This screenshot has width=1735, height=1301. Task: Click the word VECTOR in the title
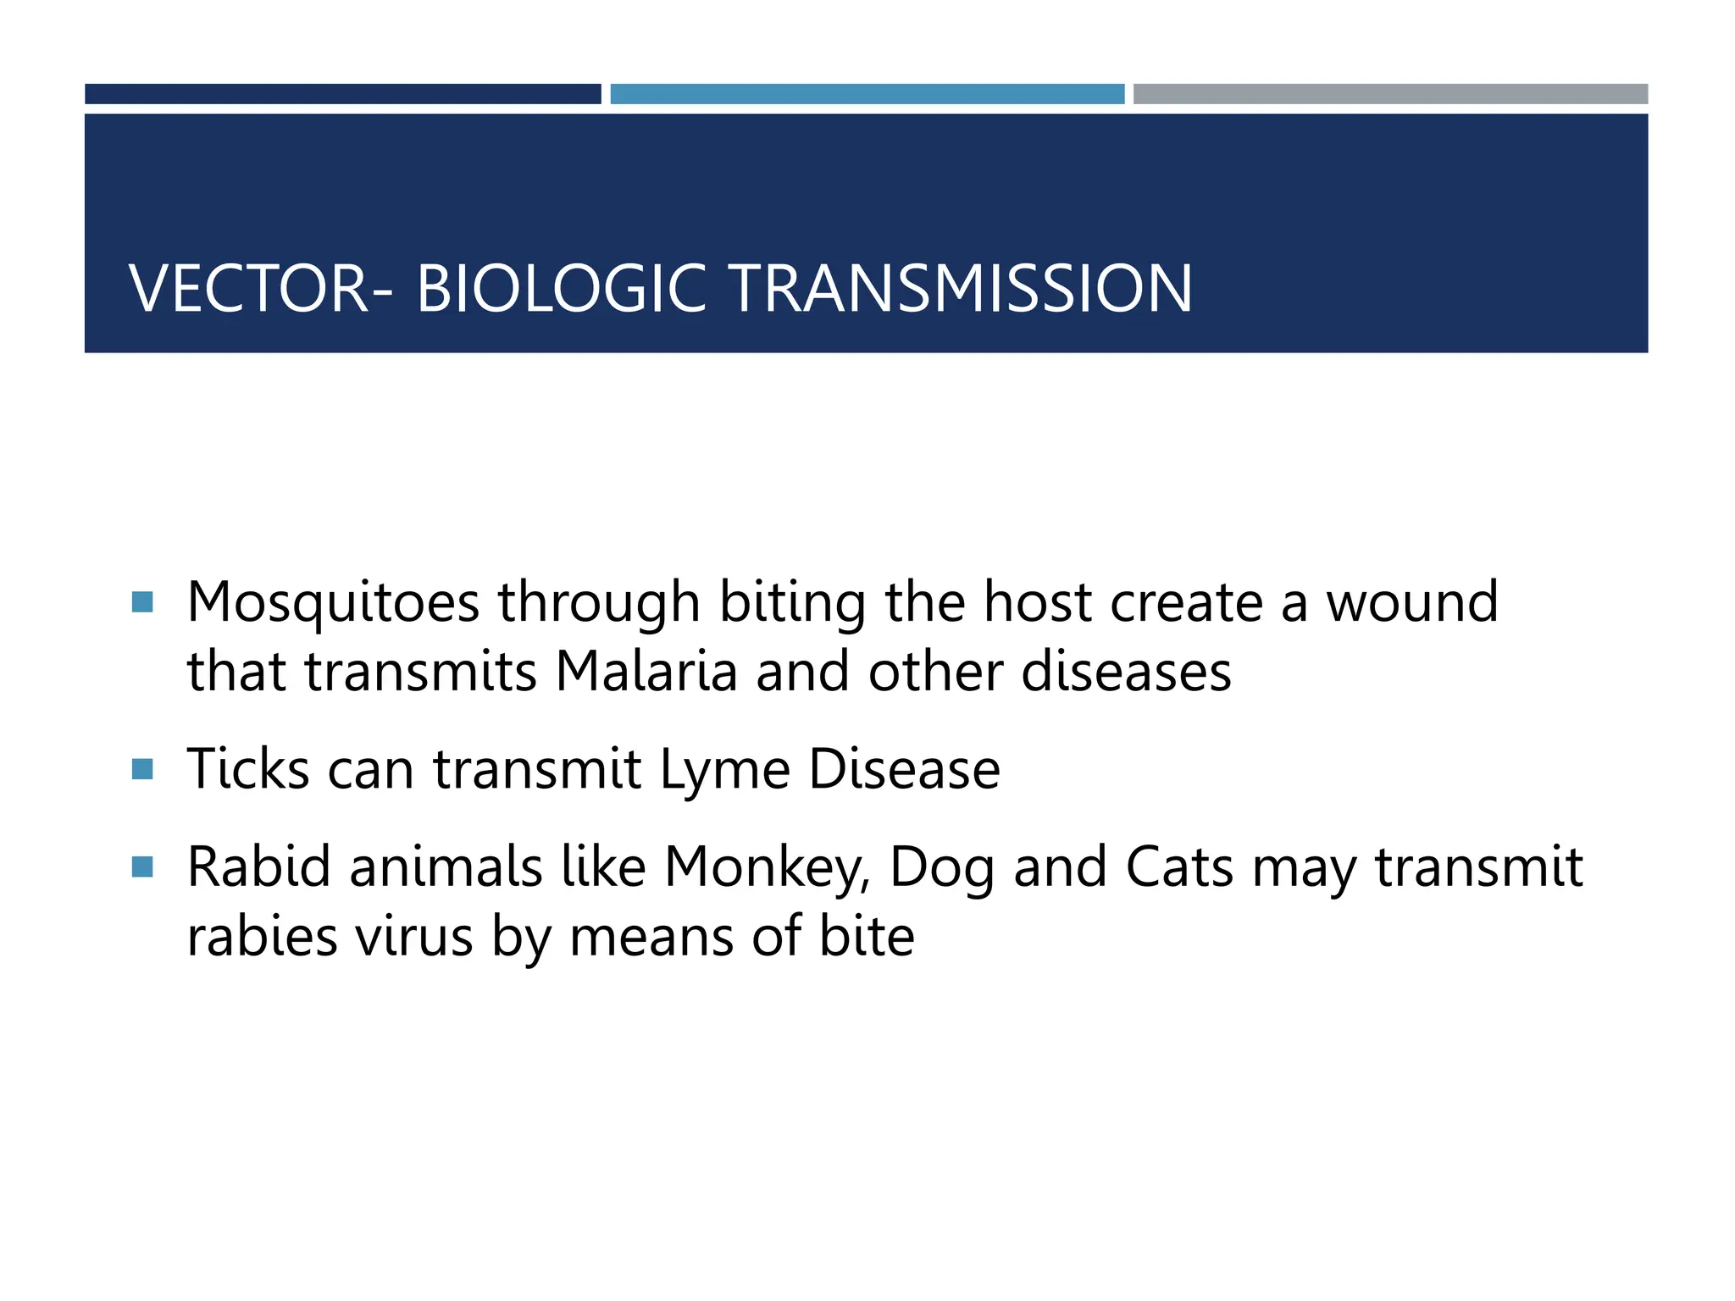[249, 289]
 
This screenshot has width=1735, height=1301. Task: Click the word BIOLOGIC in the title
[561, 289]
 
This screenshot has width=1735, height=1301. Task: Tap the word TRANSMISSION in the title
[961, 289]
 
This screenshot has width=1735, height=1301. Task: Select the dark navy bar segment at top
[342, 94]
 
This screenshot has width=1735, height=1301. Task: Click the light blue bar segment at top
[867, 94]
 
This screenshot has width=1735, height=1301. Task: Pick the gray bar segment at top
[1390, 94]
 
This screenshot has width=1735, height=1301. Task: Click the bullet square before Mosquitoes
[142, 602]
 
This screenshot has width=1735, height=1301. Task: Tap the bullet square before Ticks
[142, 769]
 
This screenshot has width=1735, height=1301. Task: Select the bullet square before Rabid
[142, 867]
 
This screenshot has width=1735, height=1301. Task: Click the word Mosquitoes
[333, 603]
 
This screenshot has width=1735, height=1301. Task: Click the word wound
[1412, 603]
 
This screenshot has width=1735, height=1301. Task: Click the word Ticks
[247, 769]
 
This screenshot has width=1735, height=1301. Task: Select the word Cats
[1179, 867]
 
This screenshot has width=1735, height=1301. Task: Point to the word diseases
[1126, 673]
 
